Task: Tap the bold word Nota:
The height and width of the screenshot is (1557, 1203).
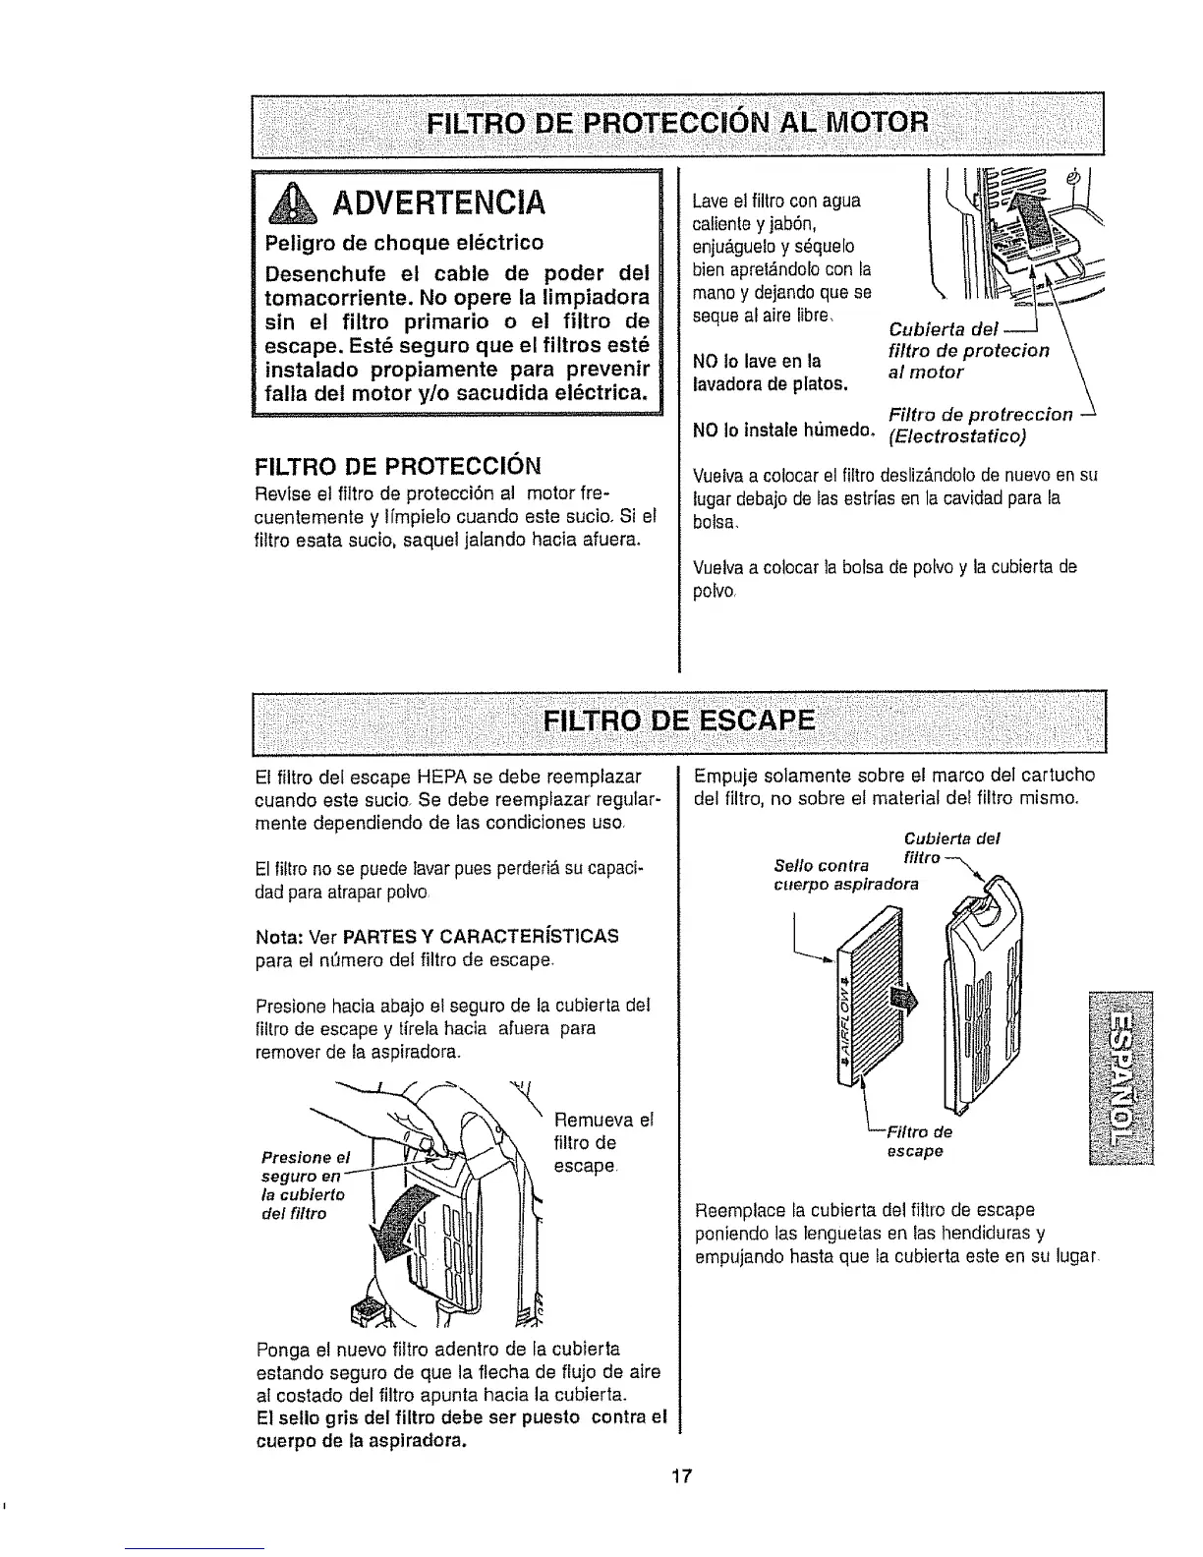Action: [279, 936]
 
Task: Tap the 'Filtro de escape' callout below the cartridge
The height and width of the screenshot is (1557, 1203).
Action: [914, 1140]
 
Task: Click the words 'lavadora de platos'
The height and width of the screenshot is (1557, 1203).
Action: [770, 382]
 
